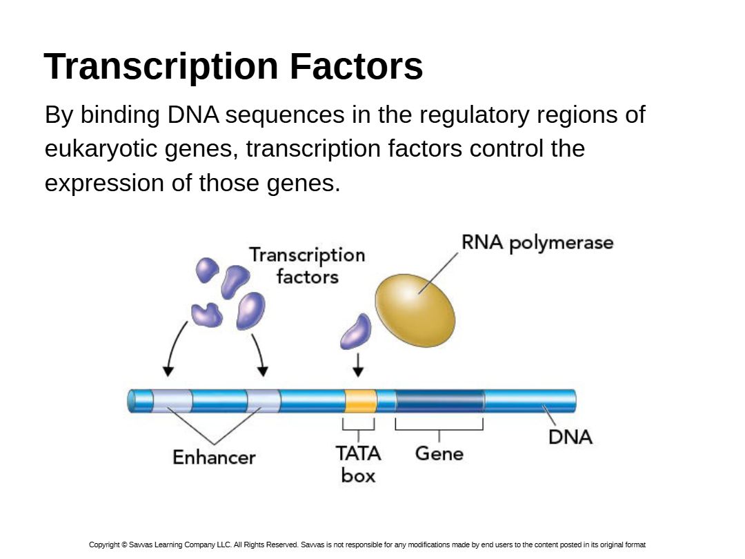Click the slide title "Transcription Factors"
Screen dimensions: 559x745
pyautogui.click(x=233, y=67)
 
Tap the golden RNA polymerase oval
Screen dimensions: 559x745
pyautogui.click(x=415, y=309)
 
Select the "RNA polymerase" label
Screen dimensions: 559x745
pyautogui.click(x=537, y=243)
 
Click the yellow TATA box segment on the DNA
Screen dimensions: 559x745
pyautogui.click(x=361, y=401)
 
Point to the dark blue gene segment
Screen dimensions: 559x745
pyautogui.click(x=439, y=401)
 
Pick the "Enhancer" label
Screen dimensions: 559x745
pyautogui.click(x=214, y=457)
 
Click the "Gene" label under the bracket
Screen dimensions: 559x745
pyautogui.click(x=439, y=453)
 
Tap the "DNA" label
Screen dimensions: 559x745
pyautogui.click(x=570, y=437)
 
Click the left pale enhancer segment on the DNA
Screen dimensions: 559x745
pyautogui.click(x=172, y=401)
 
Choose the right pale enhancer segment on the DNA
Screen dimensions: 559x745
pyautogui.click(x=264, y=401)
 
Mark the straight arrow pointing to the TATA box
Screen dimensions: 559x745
pyautogui.click(x=357, y=365)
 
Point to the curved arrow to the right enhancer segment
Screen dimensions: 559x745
pyautogui.click(x=259, y=353)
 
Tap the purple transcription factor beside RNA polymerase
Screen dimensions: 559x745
pyautogui.click(x=356, y=331)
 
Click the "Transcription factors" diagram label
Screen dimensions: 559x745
pyautogui.click(x=307, y=266)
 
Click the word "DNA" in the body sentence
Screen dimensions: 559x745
pyautogui.click(x=192, y=115)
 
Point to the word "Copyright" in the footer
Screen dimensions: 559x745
pyautogui.click(x=104, y=545)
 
